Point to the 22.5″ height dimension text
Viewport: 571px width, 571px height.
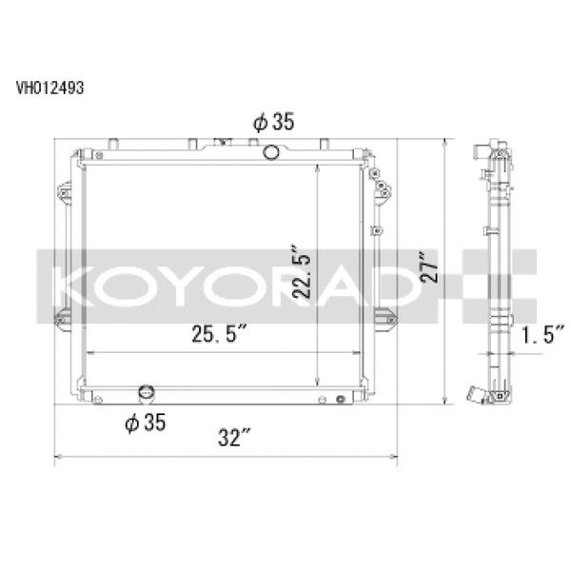(x=303, y=269)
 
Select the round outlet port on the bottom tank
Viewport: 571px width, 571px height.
(x=146, y=394)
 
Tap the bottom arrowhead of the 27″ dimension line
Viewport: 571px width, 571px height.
(x=444, y=403)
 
